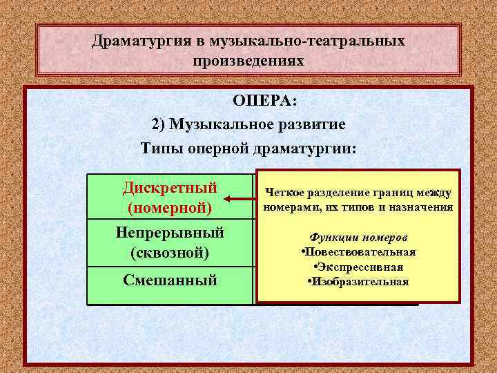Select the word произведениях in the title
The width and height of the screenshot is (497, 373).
click(x=248, y=61)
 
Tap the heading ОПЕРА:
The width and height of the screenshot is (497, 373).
click(x=264, y=102)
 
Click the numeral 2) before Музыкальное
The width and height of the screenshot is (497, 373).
click(x=158, y=125)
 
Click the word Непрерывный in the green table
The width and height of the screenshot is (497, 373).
click(x=170, y=232)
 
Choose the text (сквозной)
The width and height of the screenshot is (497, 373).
click(x=170, y=252)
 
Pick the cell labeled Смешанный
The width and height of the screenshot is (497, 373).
click(x=170, y=280)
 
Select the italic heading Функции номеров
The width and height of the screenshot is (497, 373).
click(x=358, y=237)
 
